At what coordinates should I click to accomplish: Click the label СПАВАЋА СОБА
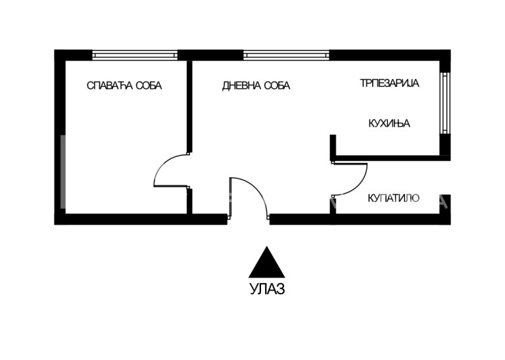click(x=124, y=85)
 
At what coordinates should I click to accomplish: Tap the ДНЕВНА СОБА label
click(x=256, y=86)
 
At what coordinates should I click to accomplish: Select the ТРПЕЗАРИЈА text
click(x=389, y=83)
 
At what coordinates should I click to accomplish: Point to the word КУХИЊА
click(x=389, y=123)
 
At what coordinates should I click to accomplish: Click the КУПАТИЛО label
click(x=393, y=198)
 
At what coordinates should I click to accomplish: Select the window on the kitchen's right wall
click(x=445, y=102)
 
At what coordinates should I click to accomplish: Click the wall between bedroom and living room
click(x=189, y=105)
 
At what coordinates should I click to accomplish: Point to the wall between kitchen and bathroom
click(x=388, y=158)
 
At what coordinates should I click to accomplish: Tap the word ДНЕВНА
click(x=239, y=86)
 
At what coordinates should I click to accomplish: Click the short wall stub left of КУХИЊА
click(x=333, y=147)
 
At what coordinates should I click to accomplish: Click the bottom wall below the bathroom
click(x=388, y=219)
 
